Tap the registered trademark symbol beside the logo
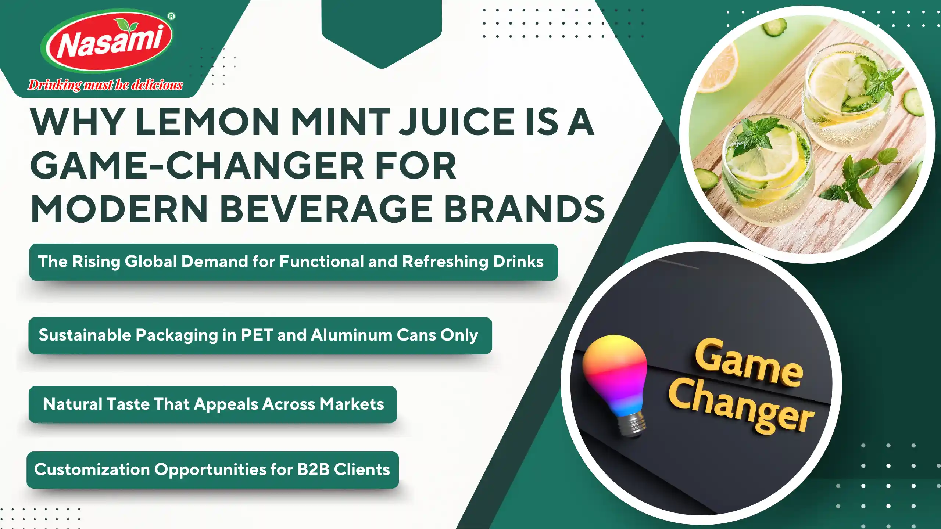(x=171, y=16)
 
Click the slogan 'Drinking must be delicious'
(x=105, y=85)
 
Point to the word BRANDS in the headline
(x=525, y=209)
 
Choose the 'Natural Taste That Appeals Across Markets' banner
(x=213, y=404)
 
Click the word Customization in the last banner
(x=92, y=469)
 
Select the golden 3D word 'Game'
(x=748, y=364)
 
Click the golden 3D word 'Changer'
(x=741, y=406)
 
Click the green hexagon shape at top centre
(x=382, y=33)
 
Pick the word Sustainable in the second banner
(x=85, y=335)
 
